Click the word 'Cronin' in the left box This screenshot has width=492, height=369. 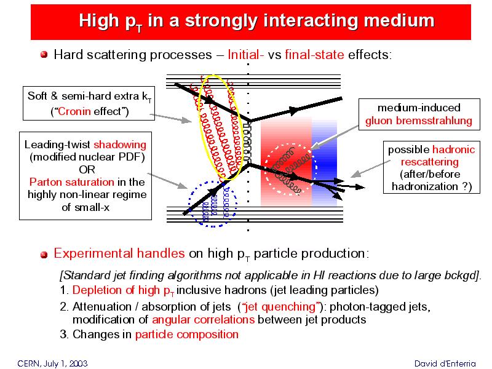[74, 111]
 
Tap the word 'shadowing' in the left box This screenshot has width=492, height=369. [120, 145]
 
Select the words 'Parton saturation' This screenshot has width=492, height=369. [72, 182]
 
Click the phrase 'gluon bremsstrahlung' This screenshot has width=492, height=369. [419, 121]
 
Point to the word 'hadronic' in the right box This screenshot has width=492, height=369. [454, 149]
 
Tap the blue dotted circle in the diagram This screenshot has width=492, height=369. [189, 204]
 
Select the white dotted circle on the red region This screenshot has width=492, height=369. [266, 170]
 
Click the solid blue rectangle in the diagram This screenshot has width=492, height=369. [324, 163]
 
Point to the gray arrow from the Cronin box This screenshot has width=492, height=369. [171, 118]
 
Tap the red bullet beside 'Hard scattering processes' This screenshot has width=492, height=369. [44, 55]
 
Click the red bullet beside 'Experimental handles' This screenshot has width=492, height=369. [44, 255]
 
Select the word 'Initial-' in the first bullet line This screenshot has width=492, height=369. [245, 55]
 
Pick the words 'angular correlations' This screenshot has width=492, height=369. [204, 319]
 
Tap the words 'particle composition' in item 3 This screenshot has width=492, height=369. [187, 335]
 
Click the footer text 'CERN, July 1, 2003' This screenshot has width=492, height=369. [52, 363]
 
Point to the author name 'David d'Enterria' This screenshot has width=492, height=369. [445, 363]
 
